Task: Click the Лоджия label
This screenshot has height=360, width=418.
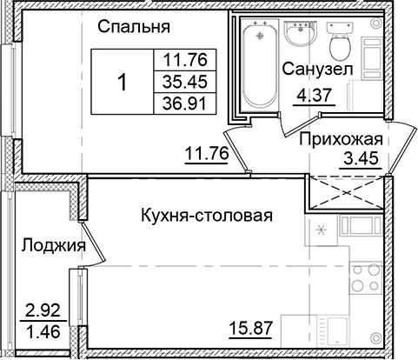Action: point(53,246)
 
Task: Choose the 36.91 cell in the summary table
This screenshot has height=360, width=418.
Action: point(176,103)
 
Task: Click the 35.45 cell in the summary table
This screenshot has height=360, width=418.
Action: point(176,83)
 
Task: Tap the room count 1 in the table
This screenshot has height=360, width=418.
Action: point(123,83)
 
